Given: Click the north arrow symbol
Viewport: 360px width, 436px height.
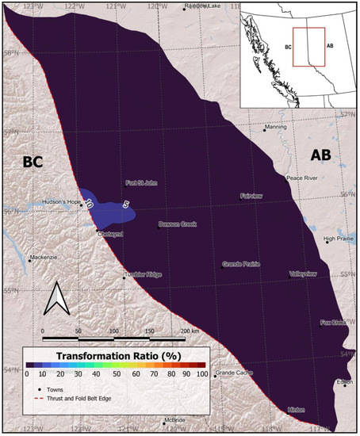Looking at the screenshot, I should (55, 300).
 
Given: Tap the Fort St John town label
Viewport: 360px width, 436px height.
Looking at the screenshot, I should (142, 184).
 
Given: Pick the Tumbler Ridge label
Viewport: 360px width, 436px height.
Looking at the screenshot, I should (144, 275).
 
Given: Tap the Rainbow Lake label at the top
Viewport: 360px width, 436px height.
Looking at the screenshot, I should (203, 6).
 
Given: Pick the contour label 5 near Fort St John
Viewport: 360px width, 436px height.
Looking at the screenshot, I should (125, 205).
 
